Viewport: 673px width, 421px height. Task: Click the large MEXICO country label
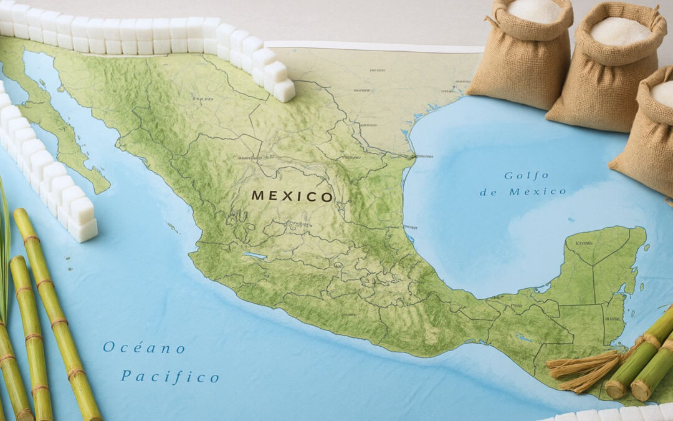[x=292, y=196]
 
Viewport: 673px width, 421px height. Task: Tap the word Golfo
[x=527, y=176]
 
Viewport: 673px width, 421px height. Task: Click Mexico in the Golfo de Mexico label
[x=538, y=192]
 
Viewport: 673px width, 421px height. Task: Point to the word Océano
[x=144, y=347]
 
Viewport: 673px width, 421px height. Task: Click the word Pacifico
[x=169, y=376]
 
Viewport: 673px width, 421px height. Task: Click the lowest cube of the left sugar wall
[x=83, y=230]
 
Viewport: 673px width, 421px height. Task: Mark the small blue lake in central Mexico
[x=255, y=255]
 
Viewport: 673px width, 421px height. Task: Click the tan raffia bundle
[x=583, y=370]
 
